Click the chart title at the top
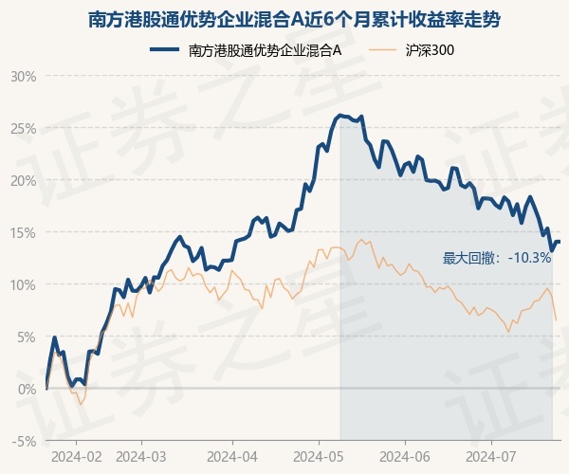click(x=284, y=19)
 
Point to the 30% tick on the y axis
click(x=24, y=76)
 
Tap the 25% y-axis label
click(x=24, y=128)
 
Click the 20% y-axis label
click(x=24, y=180)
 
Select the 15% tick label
click(x=24, y=232)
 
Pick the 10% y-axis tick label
click(x=24, y=284)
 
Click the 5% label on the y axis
click(x=27, y=337)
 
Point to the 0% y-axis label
click(x=27, y=389)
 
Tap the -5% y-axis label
click(x=25, y=441)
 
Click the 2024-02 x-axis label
click(x=76, y=455)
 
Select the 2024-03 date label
click(x=140, y=455)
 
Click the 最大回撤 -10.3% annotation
click(x=497, y=258)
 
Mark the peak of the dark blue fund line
click(x=340, y=116)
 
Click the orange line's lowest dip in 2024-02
click(x=81, y=404)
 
